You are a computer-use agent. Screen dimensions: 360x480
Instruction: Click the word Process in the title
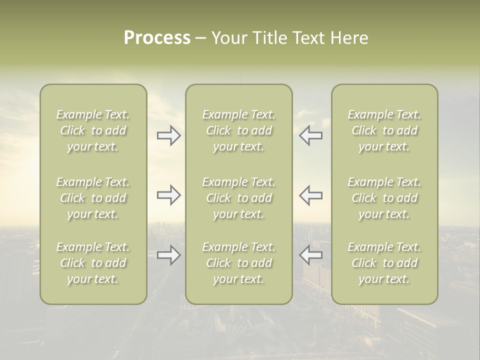(157, 38)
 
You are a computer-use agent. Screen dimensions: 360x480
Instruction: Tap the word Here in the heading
(349, 38)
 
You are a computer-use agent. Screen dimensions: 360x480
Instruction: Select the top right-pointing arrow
(168, 135)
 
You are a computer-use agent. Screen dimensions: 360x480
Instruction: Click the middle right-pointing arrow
(168, 195)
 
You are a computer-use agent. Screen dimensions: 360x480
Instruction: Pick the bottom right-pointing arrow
(168, 255)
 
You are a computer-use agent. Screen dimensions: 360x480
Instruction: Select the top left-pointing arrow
(311, 135)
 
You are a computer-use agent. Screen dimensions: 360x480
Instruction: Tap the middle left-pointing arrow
(311, 195)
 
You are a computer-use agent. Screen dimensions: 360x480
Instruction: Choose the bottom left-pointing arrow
(311, 255)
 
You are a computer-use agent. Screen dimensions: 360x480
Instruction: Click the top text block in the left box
(93, 130)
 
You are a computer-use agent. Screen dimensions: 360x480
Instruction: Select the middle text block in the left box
(93, 198)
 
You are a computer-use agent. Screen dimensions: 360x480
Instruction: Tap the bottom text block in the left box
(93, 263)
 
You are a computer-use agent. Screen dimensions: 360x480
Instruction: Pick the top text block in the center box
(238, 130)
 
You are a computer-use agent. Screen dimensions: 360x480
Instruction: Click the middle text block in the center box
(238, 198)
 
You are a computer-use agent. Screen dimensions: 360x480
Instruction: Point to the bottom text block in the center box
(238, 263)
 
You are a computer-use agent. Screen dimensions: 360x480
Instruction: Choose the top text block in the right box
(384, 130)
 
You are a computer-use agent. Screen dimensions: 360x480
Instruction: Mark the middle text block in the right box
(384, 198)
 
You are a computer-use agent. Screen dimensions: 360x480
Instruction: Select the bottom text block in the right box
(384, 263)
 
